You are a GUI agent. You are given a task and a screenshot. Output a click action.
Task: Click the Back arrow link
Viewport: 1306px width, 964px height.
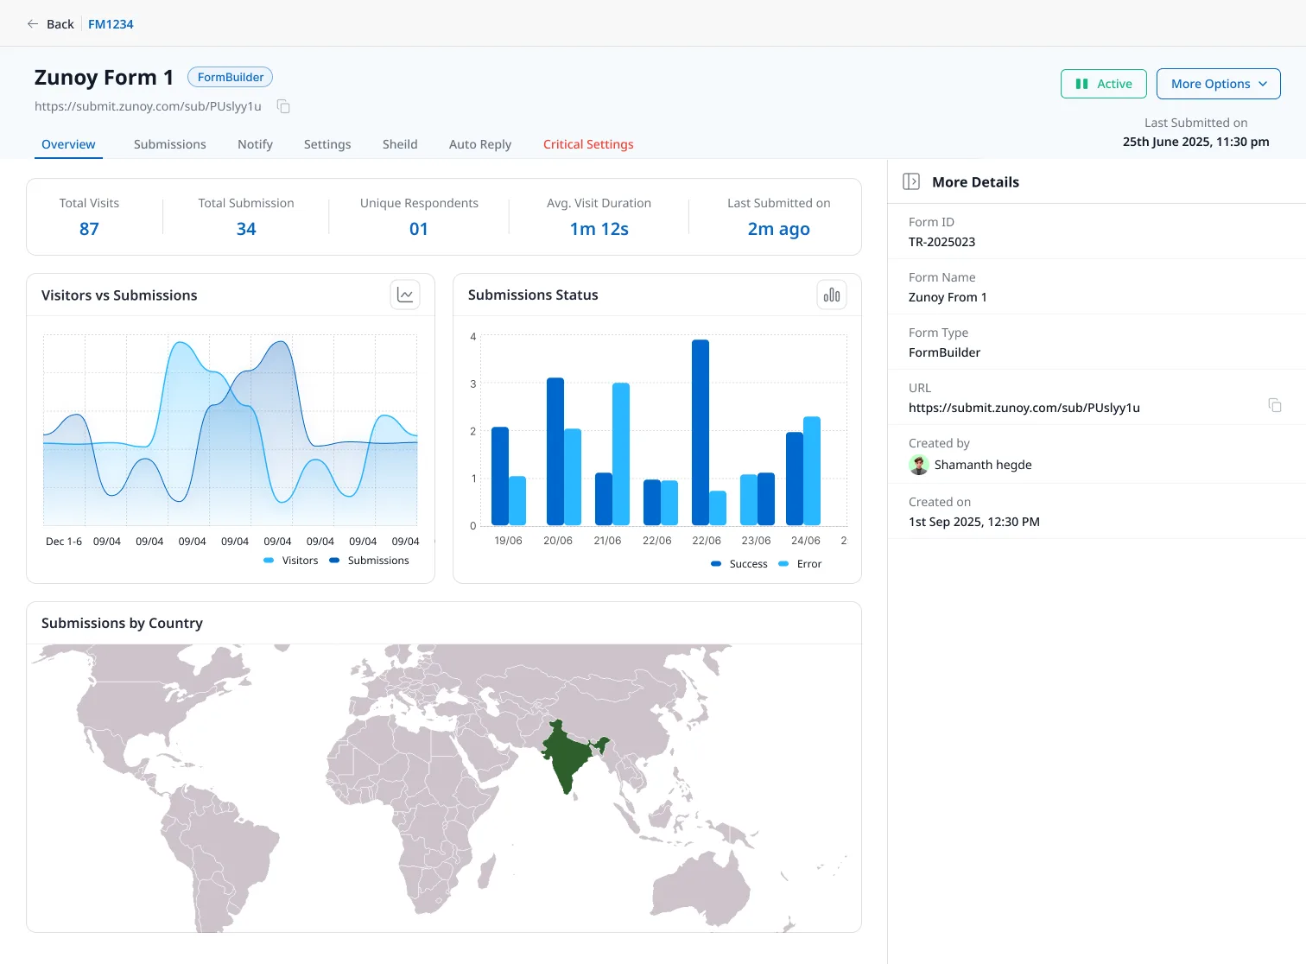(x=51, y=24)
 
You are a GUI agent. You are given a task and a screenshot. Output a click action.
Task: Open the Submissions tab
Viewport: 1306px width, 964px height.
(x=169, y=144)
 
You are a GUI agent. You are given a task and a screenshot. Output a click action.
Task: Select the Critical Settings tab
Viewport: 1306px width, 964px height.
(x=587, y=144)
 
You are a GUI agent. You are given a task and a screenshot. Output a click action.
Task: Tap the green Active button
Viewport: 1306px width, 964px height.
(x=1103, y=84)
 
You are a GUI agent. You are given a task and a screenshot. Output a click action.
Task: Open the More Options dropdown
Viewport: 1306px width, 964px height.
(x=1218, y=84)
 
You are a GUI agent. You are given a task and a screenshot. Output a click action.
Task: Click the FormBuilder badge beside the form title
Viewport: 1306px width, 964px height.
(x=231, y=77)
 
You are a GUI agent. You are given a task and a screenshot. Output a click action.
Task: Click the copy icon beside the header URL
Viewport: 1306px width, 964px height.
(x=284, y=106)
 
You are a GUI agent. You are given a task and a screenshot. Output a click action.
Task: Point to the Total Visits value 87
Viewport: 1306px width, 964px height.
(x=89, y=229)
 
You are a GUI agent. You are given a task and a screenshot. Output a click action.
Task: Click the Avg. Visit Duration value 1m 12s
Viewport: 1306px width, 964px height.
(x=599, y=229)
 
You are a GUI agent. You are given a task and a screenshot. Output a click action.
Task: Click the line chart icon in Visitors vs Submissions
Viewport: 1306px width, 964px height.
(x=405, y=295)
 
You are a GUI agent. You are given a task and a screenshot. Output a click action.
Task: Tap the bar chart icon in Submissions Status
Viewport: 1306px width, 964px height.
(x=832, y=295)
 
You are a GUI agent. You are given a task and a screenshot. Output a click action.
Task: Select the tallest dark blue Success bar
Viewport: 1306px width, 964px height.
(x=701, y=432)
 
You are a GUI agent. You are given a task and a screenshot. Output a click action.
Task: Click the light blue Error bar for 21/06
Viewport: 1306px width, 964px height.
(x=621, y=454)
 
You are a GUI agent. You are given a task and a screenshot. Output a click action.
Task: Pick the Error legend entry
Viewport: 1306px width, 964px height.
(x=800, y=563)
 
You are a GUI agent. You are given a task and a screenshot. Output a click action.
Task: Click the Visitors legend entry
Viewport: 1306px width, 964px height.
(x=291, y=560)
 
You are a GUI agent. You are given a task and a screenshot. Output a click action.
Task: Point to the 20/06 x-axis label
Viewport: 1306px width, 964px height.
(x=558, y=541)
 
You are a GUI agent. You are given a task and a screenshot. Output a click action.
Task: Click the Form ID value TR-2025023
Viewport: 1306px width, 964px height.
(x=941, y=242)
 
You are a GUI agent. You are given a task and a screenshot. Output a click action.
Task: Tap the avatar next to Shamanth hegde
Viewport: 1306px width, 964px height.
(x=918, y=465)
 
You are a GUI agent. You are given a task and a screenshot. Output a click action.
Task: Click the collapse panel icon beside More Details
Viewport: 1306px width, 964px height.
(x=911, y=181)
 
